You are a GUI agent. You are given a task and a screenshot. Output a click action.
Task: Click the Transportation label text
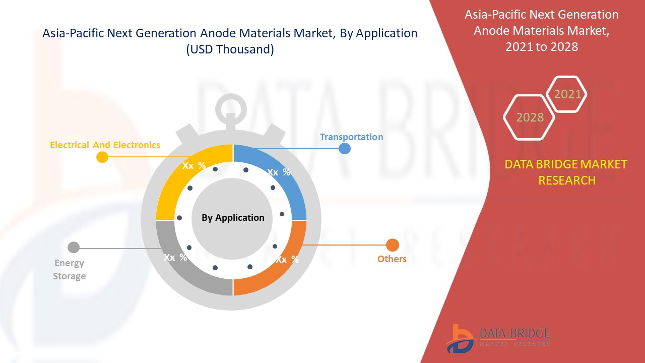coord(351,137)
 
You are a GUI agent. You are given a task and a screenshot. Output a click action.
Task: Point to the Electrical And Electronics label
coord(105,145)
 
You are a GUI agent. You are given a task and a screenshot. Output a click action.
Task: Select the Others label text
coord(392,259)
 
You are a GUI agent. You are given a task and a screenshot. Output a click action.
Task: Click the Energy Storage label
coord(70,269)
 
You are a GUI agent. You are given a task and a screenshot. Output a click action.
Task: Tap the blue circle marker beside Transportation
coord(345,148)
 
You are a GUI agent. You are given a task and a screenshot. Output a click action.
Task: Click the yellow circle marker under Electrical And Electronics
coord(102,157)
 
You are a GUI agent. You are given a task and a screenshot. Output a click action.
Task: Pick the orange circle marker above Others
coord(393,246)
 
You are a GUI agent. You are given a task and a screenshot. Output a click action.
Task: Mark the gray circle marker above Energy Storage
coord(74,247)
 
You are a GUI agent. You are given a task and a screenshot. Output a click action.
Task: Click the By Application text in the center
coord(233,218)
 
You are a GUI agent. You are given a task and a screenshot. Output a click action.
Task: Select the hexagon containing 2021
coord(567,94)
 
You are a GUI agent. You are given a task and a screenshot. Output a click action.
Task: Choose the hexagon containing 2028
coord(530,117)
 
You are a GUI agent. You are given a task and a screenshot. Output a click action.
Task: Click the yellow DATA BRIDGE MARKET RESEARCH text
coord(566,172)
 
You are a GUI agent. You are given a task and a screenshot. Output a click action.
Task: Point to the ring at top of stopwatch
coord(232,107)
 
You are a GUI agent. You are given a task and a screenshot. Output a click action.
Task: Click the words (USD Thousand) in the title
coord(230,49)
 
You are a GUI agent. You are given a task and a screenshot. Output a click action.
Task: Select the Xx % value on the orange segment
coord(287,260)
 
